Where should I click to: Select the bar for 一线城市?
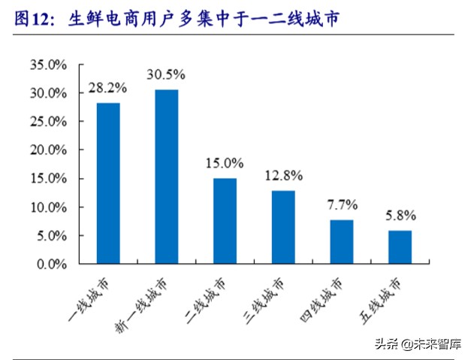coord(108,183)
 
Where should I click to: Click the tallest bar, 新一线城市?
coord(166,177)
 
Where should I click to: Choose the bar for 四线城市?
coord(342,241)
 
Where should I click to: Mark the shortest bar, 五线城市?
coord(400,247)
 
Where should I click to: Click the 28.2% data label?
coord(108,88)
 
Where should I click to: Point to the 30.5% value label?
coord(166,74)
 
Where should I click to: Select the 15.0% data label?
coord(225,162)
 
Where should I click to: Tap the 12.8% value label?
coord(283,176)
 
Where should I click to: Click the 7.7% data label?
coord(342,204)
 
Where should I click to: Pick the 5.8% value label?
coord(400,215)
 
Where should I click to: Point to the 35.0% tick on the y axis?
coord(49,65)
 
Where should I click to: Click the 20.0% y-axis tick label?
coord(49,150)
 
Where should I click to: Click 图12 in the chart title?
coord(32,20)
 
